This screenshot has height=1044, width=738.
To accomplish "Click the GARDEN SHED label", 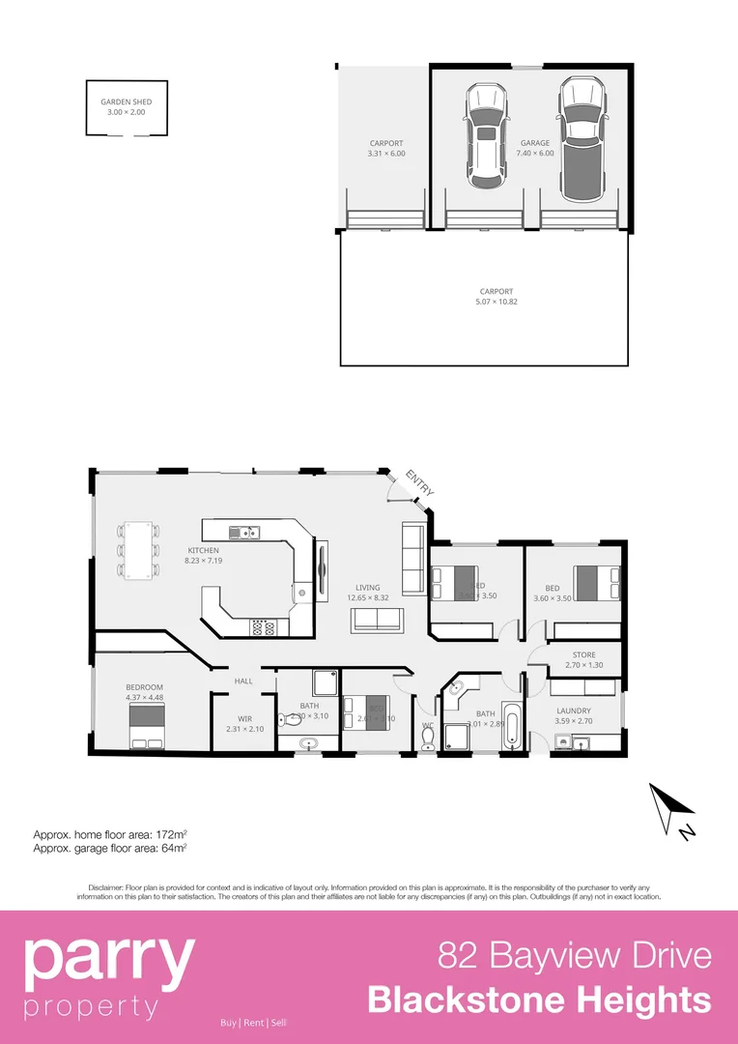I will (x=126, y=101).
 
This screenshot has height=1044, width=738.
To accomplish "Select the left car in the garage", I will (x=486, y=136).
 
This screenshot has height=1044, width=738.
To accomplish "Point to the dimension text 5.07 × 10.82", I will (x=497, y=302).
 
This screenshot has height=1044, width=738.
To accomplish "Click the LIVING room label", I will (x=367, y=587).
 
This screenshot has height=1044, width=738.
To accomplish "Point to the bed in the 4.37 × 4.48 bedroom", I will (x=146, y=726).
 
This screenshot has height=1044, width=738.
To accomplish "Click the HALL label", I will (x=243, y=681).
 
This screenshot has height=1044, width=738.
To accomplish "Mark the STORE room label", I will (x=583, y=654).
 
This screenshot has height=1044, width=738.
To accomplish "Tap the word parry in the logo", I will (x=108, y=957).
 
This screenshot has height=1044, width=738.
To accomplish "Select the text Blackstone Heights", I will (x=539, y=1000).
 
